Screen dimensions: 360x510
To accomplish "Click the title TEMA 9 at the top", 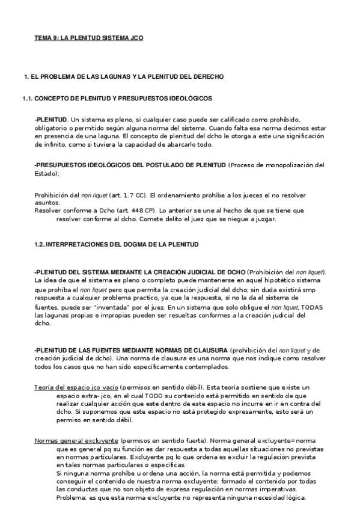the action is click(88, 38).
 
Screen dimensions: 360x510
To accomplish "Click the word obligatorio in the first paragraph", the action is click(55, 127).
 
